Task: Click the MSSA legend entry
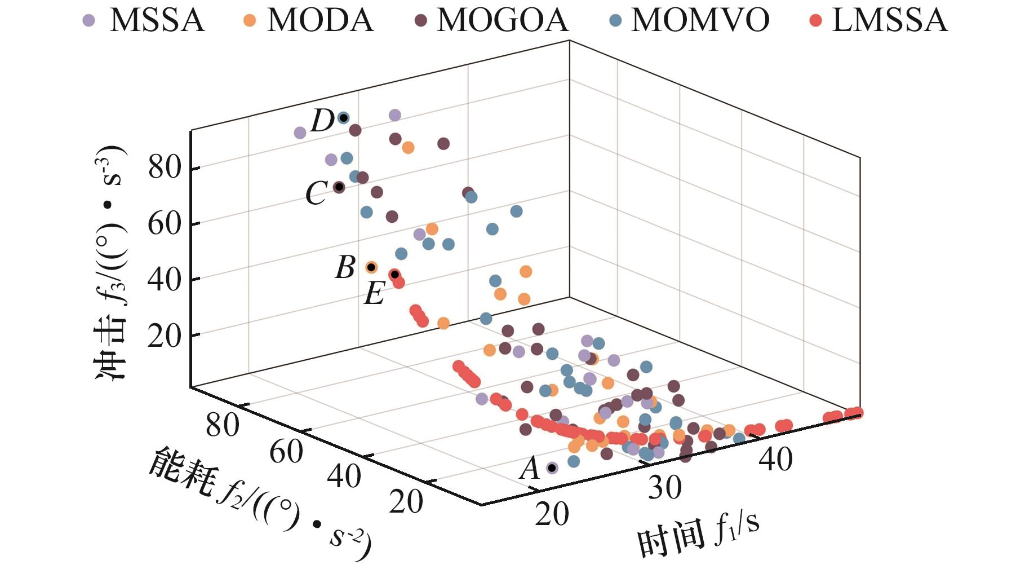[156, 20]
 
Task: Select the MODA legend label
[320, 20]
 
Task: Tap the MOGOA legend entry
[502, 20]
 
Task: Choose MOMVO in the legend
[700, 20]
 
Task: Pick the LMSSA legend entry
[889, 20]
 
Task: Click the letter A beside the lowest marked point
[530, 468]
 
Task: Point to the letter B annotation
[345, 267]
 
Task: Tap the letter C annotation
[316, 193]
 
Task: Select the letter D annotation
[323, 121]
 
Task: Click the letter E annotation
[374, 294]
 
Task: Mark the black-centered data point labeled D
[343, 118]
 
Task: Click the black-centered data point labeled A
[552, 467]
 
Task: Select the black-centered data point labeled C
[339, 187]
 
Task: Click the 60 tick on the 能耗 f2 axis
[286, 452]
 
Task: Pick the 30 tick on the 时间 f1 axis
[664, 487]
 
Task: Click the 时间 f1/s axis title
[699, 536]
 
